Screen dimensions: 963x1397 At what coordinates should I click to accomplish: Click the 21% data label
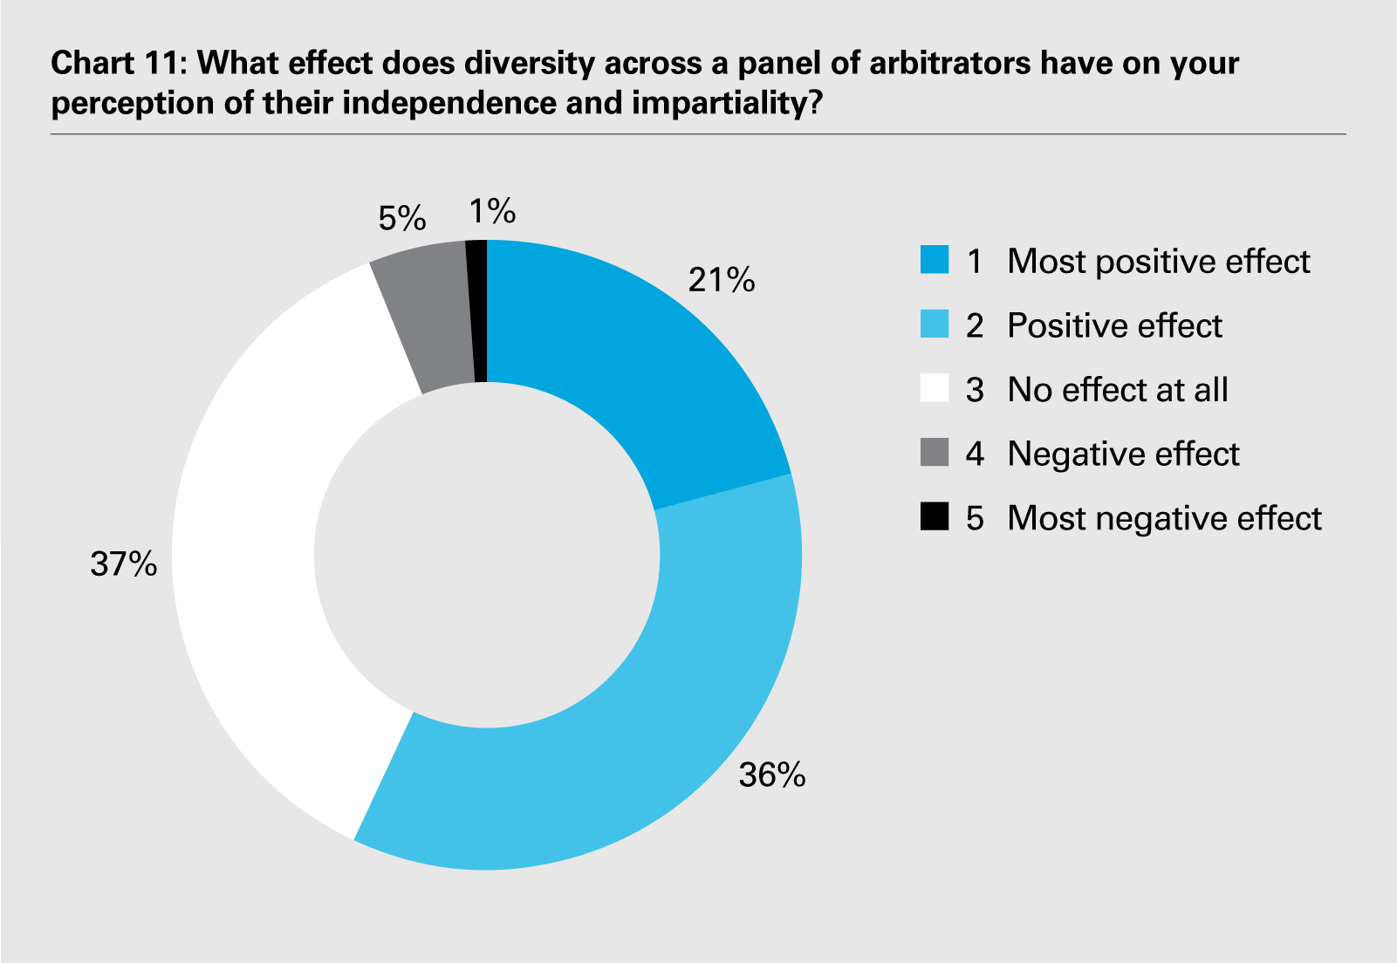tap(721, 280)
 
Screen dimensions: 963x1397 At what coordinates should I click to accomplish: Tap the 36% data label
tap(771, 775)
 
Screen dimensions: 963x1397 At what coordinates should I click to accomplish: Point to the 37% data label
tap(124, 564)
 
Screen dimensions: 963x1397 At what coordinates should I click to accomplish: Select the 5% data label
tap(402, 218)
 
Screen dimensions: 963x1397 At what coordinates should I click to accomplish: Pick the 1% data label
tap(492, 211)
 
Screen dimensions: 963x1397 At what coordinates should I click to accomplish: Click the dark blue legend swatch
tap(935, 261)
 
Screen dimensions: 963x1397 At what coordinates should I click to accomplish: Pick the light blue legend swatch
tap(935, 325)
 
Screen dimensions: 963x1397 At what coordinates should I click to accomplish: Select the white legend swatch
tap(935, 389)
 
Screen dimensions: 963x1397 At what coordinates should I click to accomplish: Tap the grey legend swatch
tap(935, 454)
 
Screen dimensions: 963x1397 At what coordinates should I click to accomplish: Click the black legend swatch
tap(935, 517)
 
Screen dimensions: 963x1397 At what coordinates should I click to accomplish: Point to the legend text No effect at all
tap(1118, 389)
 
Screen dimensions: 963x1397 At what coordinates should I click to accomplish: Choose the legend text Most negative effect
tap(1164, 518)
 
